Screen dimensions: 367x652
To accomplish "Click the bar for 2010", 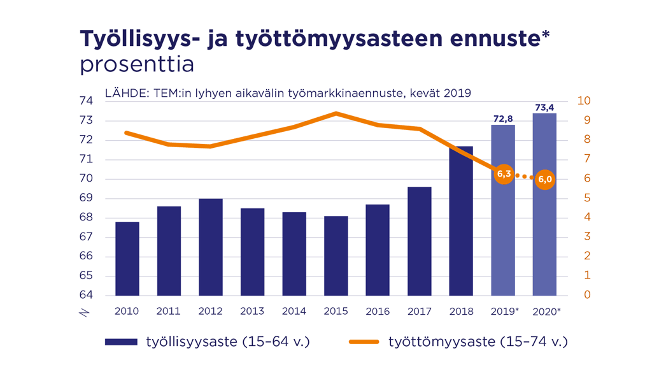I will [x=127, y=259].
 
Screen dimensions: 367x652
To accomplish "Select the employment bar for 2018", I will [x=461, y=221].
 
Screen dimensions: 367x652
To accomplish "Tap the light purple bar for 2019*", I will [x=503, y=242].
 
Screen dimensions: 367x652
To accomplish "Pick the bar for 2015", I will [x=336, y=255].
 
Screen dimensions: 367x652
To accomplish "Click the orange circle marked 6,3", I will [x=504, y=173].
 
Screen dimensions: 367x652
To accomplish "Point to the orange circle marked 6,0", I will [x=545, y=180].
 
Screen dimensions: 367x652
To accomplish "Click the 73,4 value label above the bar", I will [x=544, y=108].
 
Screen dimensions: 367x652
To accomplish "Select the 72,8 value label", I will [x=503, y=119].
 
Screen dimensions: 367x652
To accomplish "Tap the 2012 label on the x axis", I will [x=210, y=312].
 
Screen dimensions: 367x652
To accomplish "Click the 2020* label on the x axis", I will [x=546, y=312].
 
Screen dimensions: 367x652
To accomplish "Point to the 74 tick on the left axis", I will [x=87, y=101].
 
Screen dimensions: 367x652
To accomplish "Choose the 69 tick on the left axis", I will [x=87, y=198].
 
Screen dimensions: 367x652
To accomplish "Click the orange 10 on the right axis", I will [x=584, y=101].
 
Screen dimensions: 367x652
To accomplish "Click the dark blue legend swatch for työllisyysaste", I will [x=121, y=342].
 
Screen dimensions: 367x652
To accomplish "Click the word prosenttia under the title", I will [x=136, y=65].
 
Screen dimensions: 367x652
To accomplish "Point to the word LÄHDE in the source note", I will [x=127, y=93].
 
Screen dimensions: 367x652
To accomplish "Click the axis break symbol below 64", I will [x=84, y=313].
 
